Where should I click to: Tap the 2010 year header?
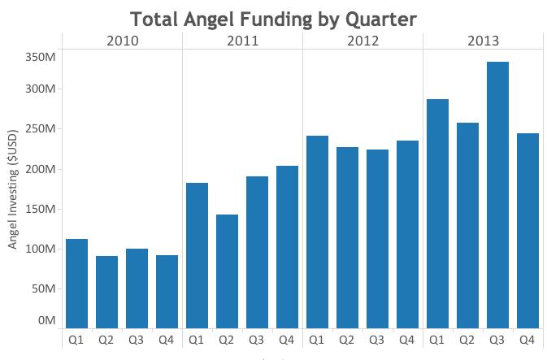coord(123,41)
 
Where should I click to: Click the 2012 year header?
coord(362,41)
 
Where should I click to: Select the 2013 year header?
coord(483,41)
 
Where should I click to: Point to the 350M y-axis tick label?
coord(39,57)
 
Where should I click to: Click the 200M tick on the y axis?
coord(39,169)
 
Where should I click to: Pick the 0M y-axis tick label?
coord(46,320)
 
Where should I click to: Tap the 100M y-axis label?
coord(39,249)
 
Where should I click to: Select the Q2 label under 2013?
coord(467,339)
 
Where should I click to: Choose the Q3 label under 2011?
coord(257,339)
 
